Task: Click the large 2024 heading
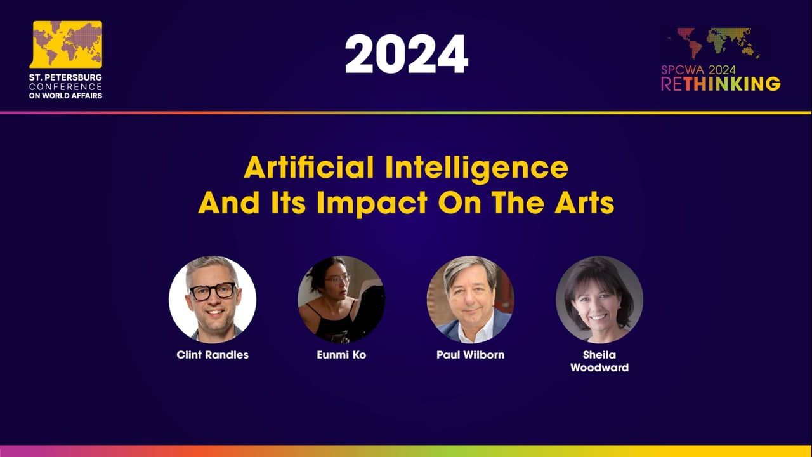click(406, 54)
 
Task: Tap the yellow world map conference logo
click(67, 44)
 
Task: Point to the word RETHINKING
click(721, 84)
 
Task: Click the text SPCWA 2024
click(698, 70)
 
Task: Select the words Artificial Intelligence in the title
click(406, 168)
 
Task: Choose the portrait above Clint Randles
click(213, 300)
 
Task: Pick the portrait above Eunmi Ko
click(341, 300)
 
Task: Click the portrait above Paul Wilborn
click(470, 300)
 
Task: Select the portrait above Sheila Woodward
click(599, 300)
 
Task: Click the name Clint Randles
click(213, 355)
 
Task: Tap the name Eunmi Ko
click(341, 355)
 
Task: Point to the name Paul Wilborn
click(470, 355)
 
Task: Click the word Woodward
click(599, 368)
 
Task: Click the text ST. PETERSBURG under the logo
click(65, 77)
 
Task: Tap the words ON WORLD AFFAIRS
click(65, 95)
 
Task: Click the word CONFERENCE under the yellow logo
click(65, 86)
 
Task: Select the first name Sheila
click(599, 355)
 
